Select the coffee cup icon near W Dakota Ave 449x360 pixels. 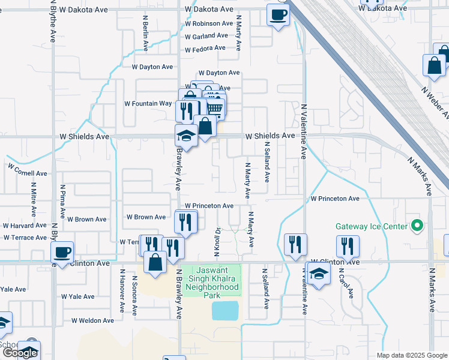pyautogui.click(x=277, y=14)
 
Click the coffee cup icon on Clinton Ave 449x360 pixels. pyautogui.click(x=62, y=253)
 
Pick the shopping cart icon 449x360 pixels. pyautogui.click(x=215, y=108)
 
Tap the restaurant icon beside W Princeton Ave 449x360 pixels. pyautogui.click(x=186, y=223)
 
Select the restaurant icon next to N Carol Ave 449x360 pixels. pyautogui.click(x=348, y=246)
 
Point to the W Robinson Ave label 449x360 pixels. pyautogui.click(x=209, y=24)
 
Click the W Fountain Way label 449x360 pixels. pyautogui.click(x=148, y=103)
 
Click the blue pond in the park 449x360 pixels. pyautogui.click(x=225, y=310)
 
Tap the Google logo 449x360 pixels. pyautogui.click(x=20, y=353)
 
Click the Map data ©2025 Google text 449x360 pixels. pyautogui.click(x=411, y=355)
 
